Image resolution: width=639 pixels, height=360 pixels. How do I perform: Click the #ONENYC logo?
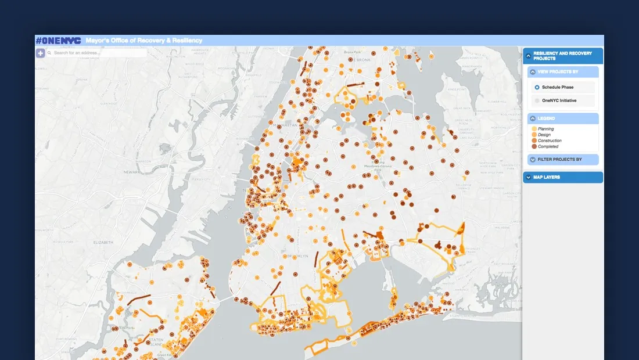click(x=58, y=41)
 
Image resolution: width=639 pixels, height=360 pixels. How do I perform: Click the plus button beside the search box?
click(x=41, y=53)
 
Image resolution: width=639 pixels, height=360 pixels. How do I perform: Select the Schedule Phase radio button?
click(x=537, y=87)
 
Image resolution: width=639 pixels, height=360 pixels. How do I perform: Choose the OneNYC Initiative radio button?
click(x=537, y=100)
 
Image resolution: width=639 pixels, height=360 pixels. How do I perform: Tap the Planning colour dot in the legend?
click(x=534, y=129)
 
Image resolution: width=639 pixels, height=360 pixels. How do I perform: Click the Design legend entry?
click(x=544, y=135)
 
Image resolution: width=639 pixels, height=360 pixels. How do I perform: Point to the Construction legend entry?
click(x=549, y=141)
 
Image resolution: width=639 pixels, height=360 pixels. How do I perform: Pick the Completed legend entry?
click(x=548, y=146)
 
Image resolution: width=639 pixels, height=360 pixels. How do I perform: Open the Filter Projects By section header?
click(x=559, y=159)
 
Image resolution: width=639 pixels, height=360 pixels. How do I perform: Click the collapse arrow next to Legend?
click(x=533, y=118)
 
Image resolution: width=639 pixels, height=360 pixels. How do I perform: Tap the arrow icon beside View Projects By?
click(x=533, y=72)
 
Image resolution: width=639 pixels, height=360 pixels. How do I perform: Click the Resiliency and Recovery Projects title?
click(x=562, y=56)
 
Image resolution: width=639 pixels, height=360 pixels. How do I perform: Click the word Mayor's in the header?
click(x=98, y=41)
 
